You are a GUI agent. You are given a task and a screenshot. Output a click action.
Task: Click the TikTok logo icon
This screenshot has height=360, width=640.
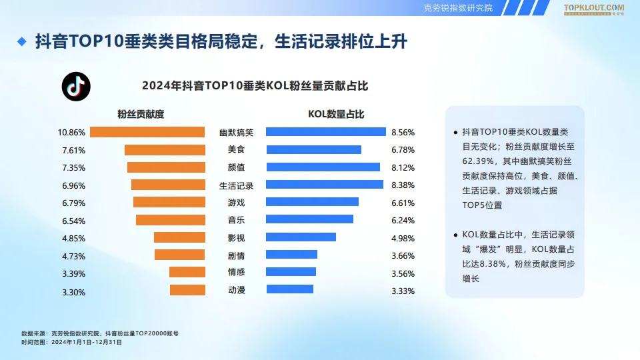[76, 87]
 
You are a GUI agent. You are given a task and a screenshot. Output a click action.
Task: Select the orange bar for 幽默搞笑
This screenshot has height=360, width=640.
[147, 132]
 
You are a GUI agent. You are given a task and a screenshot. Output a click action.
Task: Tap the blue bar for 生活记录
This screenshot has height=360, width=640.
[325, 185]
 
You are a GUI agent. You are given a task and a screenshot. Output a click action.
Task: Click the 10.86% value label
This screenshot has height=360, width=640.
[72, 133]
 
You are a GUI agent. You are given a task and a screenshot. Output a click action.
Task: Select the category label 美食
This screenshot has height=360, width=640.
[236, 150]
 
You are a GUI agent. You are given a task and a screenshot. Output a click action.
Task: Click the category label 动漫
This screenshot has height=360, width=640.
[236, 290]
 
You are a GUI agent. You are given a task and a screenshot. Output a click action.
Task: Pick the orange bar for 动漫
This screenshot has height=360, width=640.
[187, 290]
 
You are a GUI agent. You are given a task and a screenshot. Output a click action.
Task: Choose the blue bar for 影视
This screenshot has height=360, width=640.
[301, 237]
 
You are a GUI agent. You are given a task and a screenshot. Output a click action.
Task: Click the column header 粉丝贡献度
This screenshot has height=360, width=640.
[141, 114]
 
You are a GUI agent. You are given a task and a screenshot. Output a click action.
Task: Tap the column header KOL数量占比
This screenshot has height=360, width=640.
[336, 114]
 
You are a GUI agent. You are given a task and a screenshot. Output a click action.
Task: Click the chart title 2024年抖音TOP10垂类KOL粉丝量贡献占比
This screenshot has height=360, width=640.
[255, 86]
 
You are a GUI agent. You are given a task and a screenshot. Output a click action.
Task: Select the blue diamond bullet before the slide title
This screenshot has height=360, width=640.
[21, 42]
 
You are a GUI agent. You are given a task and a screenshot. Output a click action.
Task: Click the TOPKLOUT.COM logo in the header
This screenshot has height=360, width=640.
[594, 8]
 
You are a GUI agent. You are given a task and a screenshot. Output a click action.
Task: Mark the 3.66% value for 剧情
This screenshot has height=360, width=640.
[403, 255]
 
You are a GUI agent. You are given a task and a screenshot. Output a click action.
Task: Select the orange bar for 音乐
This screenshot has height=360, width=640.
[170, 220]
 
